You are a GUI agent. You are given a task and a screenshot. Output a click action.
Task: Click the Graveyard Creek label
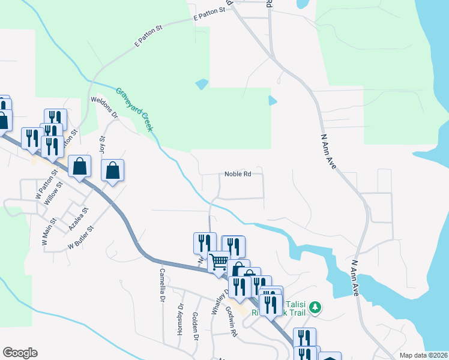pos(135,110)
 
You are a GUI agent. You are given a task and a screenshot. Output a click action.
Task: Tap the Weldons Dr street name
pos(105,107)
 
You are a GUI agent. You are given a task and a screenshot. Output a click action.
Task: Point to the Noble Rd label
pos(237,175)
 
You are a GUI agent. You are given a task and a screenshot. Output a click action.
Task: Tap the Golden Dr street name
pos(195,326)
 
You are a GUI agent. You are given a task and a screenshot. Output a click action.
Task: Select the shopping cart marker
pos(219,262)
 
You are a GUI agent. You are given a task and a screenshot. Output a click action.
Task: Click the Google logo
pos(20,353)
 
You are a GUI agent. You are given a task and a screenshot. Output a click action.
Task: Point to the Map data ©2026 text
pos(423,355)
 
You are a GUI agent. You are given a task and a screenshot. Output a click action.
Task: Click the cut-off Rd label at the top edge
pos(269,4)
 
